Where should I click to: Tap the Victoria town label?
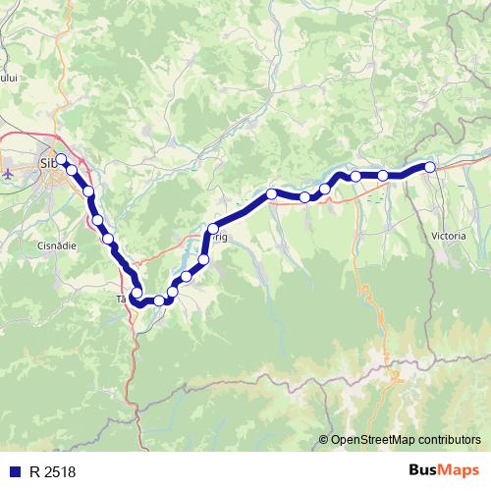pos(450,237)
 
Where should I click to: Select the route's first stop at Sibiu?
pos(61,159)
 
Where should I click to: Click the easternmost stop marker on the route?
pos(429,167)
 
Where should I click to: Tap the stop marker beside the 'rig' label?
pos(211,230)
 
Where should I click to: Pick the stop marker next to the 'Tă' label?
pos(137,292)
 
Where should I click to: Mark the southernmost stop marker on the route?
pos(158,300)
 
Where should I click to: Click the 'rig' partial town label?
pos(220,237)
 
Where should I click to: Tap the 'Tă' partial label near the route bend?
pos(122,298)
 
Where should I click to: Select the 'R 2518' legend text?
pos(52,472)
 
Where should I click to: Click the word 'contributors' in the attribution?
pos(450,440)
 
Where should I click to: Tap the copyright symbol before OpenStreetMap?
pos(324,440)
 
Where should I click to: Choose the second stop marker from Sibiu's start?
pos(72,170)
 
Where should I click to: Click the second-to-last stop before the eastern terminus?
pos(383,176)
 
